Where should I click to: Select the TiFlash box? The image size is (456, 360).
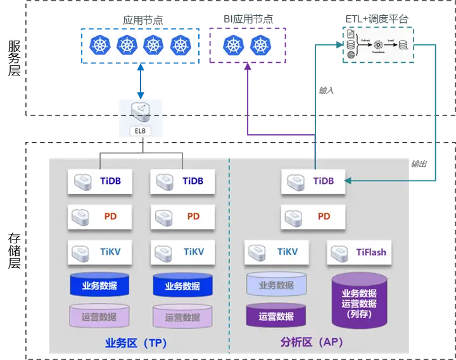point(359,252)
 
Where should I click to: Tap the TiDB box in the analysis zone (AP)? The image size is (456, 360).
point(313,181)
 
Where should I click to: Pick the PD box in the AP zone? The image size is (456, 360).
point(313,217)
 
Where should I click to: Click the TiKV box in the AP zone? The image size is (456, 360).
point(277,252)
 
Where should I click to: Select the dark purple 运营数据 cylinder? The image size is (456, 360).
point(276,315)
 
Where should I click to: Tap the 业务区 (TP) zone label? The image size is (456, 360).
point(136,343)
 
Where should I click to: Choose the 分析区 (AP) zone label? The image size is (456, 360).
point(311,343)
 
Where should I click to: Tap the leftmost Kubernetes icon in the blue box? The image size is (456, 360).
point(99,44)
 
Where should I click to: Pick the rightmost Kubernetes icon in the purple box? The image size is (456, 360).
point(260,44)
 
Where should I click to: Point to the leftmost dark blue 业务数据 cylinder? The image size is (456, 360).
point(99,285)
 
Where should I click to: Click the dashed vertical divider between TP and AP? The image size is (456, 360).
point(229,254)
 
